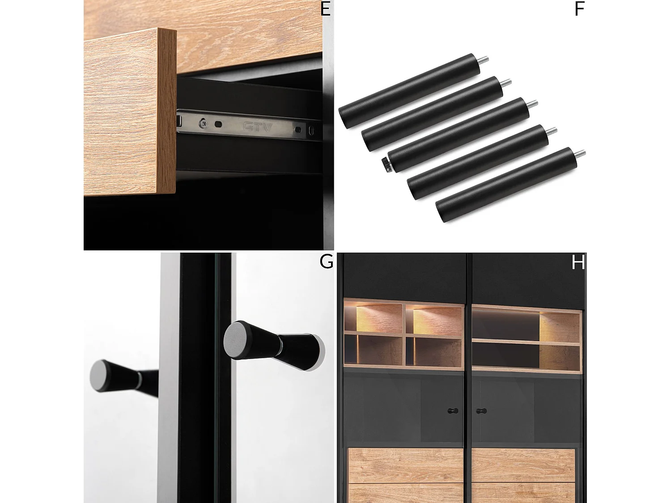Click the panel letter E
click(x=325, y=9)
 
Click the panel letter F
click(x=579, y=9)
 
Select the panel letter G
click(x=326, y=262)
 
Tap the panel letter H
click(x=578, y=262)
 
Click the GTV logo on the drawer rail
click(x=257, y=127)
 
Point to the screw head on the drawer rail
click(x=203, y=123)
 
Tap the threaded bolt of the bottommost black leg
click(x=580, y=154)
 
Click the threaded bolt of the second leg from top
click(x=506, y=83)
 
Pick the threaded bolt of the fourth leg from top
click(x=551, y=131)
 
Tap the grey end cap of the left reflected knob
click(x=102, y=376)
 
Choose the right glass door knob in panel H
click(x=481, y=411)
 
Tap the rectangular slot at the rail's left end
click(x=179, y=121)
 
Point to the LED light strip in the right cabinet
click(x=506, y=311)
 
